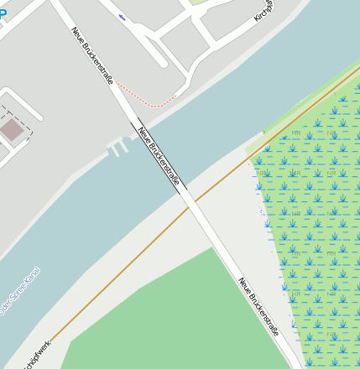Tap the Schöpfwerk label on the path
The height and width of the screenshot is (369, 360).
[x=37, y=353]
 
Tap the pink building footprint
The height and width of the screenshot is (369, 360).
[x=12, y=130]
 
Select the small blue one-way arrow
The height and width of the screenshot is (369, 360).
[x=123, y=17]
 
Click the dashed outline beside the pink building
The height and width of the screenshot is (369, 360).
[x=29, y=117]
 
